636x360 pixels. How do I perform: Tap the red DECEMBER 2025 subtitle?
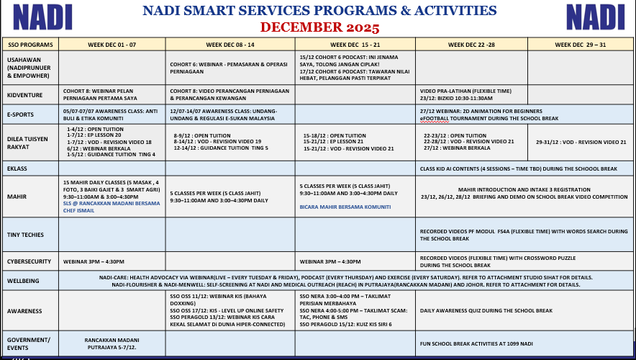pyautogui.click(x=319, y=28)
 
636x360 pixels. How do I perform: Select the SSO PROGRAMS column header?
pyautogui.click(x=31, y=45)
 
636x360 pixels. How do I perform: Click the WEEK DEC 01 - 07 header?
pyautogui.click(x=112, y=45)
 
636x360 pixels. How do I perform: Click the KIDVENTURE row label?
pyautogui.click(x=25, y=94)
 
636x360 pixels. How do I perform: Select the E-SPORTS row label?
pyautogui.click(x=21, y=114)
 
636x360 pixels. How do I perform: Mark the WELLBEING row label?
pyautogui.click(x=24, y=280)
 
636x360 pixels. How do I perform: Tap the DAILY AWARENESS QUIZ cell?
pyautogui.click(x=486, y=310)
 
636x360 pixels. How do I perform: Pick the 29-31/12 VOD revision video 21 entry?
pyautogui.click(x=581, y=142)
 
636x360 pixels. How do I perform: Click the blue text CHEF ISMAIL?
pyautogui.click(x=79, y=210)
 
